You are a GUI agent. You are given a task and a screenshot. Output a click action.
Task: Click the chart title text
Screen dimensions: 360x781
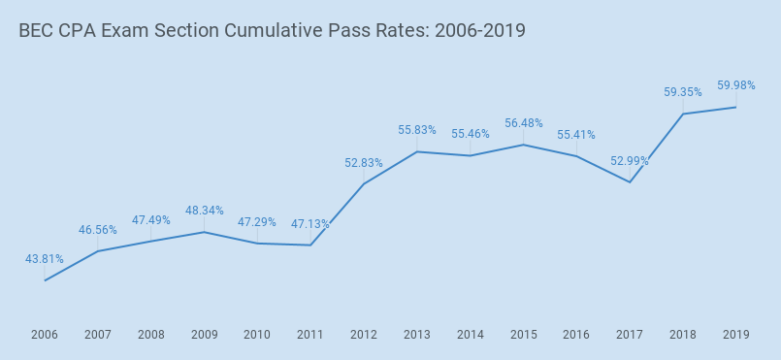click(272, 31)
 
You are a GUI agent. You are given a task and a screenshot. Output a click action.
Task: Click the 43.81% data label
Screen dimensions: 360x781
click(45, 259)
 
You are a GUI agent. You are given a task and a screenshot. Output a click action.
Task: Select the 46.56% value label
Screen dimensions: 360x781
click(98, 230)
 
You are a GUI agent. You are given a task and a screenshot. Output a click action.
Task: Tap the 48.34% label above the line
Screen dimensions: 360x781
click(205, 211)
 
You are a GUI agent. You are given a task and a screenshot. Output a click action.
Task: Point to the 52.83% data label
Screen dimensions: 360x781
click(364, 163)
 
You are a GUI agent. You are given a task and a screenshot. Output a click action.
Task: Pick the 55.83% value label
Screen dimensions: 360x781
click(417, 130)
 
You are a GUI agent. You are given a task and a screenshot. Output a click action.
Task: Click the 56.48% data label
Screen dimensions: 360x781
click(524, 123)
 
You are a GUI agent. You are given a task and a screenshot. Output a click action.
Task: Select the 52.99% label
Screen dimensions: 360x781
click(630, 161)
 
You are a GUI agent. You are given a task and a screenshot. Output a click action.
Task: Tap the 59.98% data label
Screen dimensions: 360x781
click(736, 85)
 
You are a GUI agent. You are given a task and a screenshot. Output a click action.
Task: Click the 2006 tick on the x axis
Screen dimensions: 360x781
click(45, 335)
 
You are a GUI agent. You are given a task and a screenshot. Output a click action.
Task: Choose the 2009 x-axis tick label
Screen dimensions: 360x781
click(204, 335)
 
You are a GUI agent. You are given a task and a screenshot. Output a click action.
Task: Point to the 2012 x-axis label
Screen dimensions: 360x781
click(364, 335)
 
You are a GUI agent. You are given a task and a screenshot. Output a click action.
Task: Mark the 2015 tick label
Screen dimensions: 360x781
click(524, 335)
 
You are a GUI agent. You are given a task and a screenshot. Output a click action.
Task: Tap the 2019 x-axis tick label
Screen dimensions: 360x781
click(736, 335)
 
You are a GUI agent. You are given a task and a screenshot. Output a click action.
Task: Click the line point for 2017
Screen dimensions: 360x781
click(630, 181)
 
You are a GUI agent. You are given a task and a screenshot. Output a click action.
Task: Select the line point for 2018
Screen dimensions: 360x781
click(683, 114)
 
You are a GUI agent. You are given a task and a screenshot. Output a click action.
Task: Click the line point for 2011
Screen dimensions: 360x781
click(310, 245)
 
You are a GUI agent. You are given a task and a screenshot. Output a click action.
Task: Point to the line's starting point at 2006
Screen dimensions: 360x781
click(45, 280)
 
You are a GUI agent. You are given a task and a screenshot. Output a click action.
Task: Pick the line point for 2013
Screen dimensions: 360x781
click(417, 151)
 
